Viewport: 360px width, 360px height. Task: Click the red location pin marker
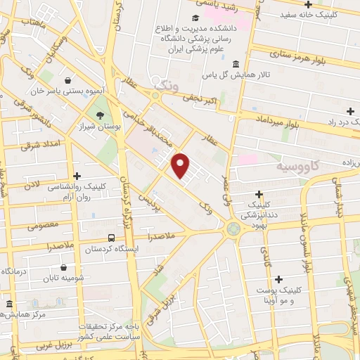tap(181, 165)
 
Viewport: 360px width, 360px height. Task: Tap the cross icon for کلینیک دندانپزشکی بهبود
tap(259, 193)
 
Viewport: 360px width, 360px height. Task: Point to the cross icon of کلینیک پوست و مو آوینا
tap(278, 279)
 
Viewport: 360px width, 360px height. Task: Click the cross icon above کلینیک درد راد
tap(350, 111)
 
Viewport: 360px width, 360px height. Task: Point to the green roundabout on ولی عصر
tap(232, 229)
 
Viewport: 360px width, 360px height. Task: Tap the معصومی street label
tap(41, 227)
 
